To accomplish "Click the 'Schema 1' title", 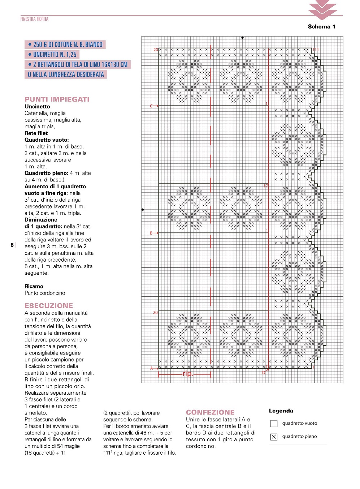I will (321, 26).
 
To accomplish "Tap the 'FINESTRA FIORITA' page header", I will (34, 19).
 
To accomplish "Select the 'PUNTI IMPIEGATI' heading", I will (57, 99).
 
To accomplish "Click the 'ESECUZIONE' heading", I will (49, 306).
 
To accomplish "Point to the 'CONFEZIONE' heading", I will (210, 412).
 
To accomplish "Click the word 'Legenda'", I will (281, 411).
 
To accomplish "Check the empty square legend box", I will (274, 424).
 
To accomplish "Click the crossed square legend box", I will (274, 437).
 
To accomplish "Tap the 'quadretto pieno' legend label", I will (299, 437).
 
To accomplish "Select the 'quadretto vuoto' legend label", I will (300, 423).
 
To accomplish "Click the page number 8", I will (12, 245).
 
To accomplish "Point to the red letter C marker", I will (152, 106).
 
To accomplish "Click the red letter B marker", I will (152, 233).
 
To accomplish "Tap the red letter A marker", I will (152, 368).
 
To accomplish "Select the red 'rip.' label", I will (188, 374).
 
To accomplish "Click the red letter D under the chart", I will (264, 372).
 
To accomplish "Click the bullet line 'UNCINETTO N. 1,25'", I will (52, 55).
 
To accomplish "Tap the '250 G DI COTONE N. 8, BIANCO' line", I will (65, 44).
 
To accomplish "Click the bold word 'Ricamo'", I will (34, 286).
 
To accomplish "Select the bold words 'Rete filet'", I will (36, 133).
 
